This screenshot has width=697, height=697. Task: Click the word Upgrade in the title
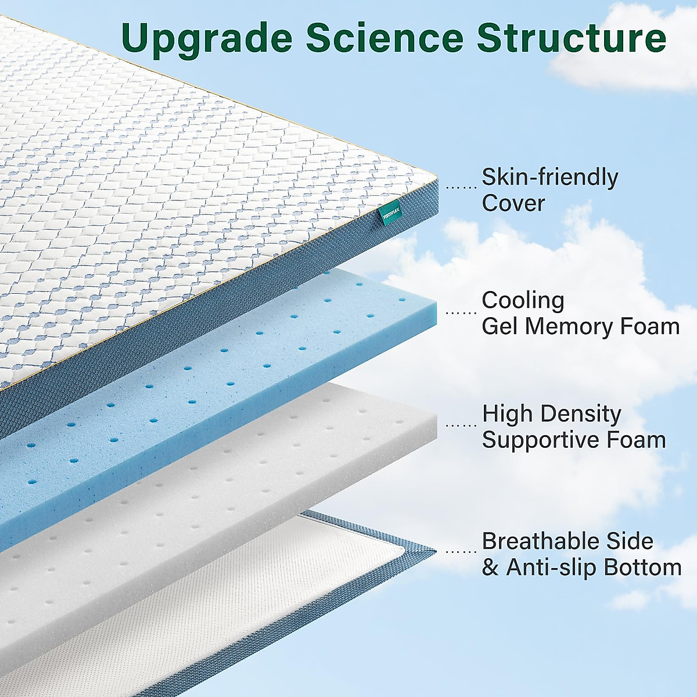coord(207,38)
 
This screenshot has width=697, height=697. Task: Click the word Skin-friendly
coord(550,178)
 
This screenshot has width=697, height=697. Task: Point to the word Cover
coord(513,203)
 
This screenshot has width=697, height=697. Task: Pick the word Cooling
coord(523,300)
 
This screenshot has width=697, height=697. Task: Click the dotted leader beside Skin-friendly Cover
coord(461,187)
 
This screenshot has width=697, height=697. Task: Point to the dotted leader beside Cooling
coord(461,312)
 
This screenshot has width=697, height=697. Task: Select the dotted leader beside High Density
coord(461,425)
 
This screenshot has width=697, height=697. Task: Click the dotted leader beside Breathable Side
coord(461,552)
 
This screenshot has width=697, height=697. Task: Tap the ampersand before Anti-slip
coord(490,567)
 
